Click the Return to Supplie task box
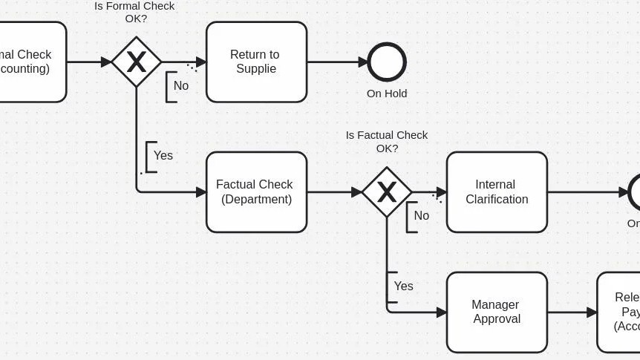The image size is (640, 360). coord(256,62)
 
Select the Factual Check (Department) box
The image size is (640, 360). coord(256,192)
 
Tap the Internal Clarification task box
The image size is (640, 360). coord(497,192)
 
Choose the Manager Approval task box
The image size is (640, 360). coord(497,312)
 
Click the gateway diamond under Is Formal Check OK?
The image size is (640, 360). coord(136,62)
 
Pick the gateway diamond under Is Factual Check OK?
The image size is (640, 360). coord(386,192)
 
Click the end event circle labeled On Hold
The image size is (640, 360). coord(387,62)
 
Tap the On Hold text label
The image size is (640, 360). coord(387,94)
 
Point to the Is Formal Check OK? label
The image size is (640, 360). coord(134,12)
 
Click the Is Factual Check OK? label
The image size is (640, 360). coord(387,141)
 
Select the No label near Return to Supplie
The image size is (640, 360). coord(181,85)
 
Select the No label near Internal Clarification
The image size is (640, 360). coord(421,215)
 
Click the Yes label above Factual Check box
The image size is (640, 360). coord(163,155)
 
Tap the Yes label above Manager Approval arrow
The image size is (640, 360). coord(403,286)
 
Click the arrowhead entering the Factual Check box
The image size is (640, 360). coord(201,192)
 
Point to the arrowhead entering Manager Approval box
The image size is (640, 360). coord(442,312)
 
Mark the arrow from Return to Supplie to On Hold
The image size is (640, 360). coord(338,62)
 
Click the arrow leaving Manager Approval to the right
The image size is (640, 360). coord(572,312)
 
